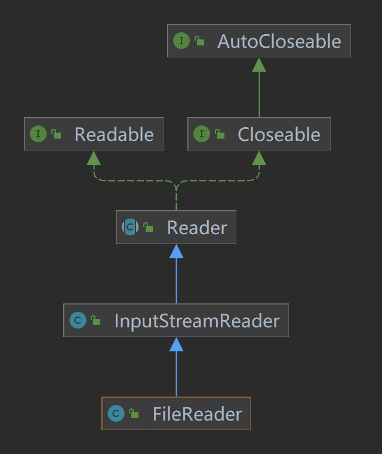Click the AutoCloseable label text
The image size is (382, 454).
pos(279,41)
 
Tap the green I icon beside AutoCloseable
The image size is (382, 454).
pos(181,41)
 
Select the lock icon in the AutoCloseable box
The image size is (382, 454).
pos(199,41)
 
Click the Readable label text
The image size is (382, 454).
pos(114,134)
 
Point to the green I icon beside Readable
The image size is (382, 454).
pos(38,134)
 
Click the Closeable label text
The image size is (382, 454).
pos(279,134)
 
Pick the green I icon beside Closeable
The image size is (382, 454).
pos(201,134)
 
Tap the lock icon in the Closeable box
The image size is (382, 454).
pos(220,134)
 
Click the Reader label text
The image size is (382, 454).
pos(197,228)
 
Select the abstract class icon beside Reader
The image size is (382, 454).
pos(130,227)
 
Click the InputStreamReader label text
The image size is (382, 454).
pos(196,321)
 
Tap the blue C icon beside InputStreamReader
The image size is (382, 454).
pos(77,320)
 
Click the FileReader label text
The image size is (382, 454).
pos(197,414)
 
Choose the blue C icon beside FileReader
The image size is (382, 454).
pos(116,413)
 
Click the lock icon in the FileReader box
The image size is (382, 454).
pos(134,414)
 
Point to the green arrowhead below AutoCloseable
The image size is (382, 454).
pos(259,65)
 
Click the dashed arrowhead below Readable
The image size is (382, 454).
pos(94,158)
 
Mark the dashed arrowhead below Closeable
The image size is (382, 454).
pos(259,158)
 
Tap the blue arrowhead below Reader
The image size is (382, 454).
pos(176,251)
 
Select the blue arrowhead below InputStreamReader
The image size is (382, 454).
pos(176,344)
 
